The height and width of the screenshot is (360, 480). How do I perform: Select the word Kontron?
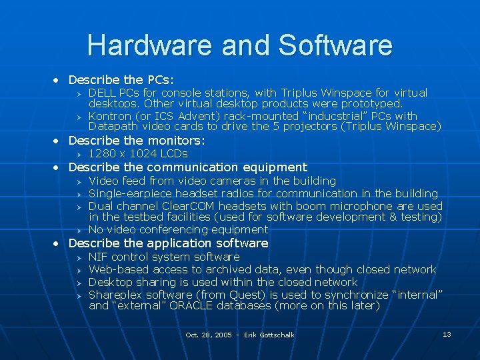(x=111, y=115)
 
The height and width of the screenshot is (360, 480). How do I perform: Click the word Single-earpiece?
(x=129, y=193)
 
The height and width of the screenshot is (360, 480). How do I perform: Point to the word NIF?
(x=99, y=257)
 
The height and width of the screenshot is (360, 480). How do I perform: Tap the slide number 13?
(x=447, y=333)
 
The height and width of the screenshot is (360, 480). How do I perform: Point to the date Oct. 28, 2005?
(x=209, y=335)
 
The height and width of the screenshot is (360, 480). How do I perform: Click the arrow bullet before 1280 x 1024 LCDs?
(x=77, y=155)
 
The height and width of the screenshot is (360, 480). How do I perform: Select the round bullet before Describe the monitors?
(x=57, y=141)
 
